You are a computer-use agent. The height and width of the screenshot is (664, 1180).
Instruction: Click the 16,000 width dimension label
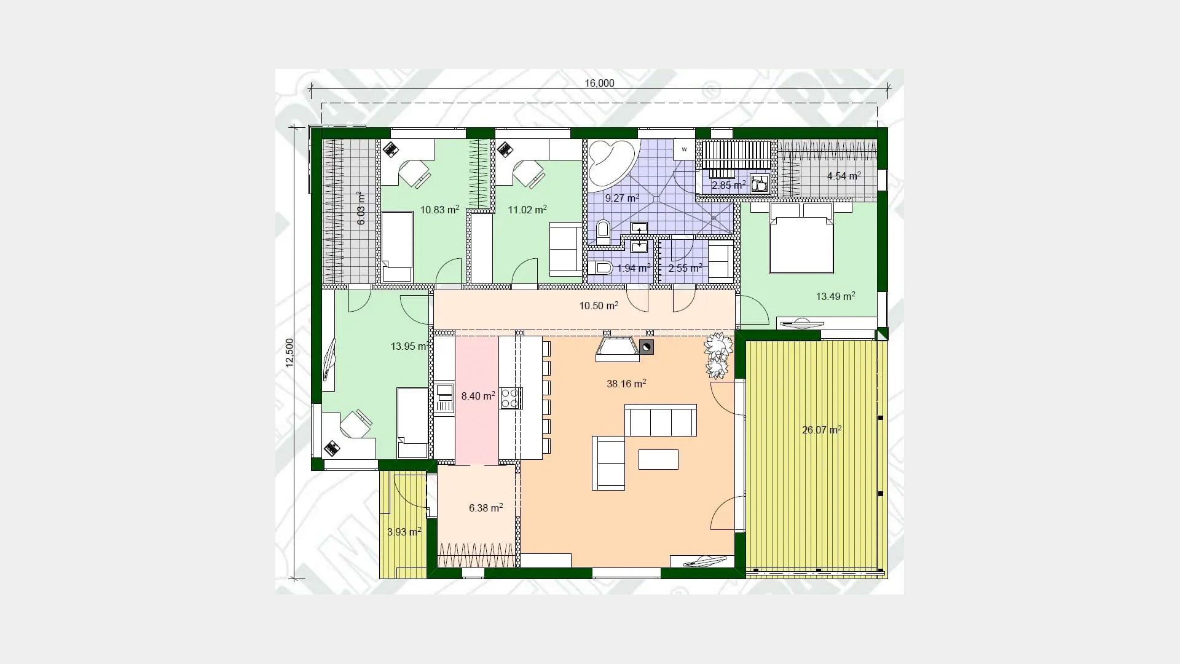pos(599,84)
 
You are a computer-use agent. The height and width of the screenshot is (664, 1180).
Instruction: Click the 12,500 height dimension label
pos(289,353)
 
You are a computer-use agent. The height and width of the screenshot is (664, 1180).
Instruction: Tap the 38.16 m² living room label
pos(626,384)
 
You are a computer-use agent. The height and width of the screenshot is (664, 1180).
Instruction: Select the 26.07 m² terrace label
pos(822,430)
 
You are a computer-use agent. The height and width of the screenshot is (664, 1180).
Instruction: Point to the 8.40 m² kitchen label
pos(478,396)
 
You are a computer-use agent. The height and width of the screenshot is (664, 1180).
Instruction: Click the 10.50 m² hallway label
pos(599,306)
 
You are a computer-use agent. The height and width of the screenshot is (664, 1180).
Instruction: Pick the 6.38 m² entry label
pos(486,508)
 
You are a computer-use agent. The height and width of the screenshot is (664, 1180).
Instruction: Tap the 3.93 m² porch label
pos(404,532)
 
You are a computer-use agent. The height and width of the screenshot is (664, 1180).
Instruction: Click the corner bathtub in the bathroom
pos(610,162)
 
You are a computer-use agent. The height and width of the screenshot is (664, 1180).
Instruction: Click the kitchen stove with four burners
pos(511,398)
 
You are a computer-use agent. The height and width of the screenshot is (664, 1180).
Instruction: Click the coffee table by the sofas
pos(658,459)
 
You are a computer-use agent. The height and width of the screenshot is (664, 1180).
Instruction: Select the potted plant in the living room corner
pos(717,355)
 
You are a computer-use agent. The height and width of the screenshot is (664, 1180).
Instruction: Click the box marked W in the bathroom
pos(684,149)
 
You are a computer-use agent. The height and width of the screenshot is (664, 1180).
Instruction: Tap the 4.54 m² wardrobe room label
pos(843,176)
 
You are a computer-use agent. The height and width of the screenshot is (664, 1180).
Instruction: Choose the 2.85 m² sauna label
pos(728,185)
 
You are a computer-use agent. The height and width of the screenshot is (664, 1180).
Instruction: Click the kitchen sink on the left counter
pos(444,398)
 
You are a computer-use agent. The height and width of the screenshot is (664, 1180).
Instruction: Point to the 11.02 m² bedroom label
pos(527,210)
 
